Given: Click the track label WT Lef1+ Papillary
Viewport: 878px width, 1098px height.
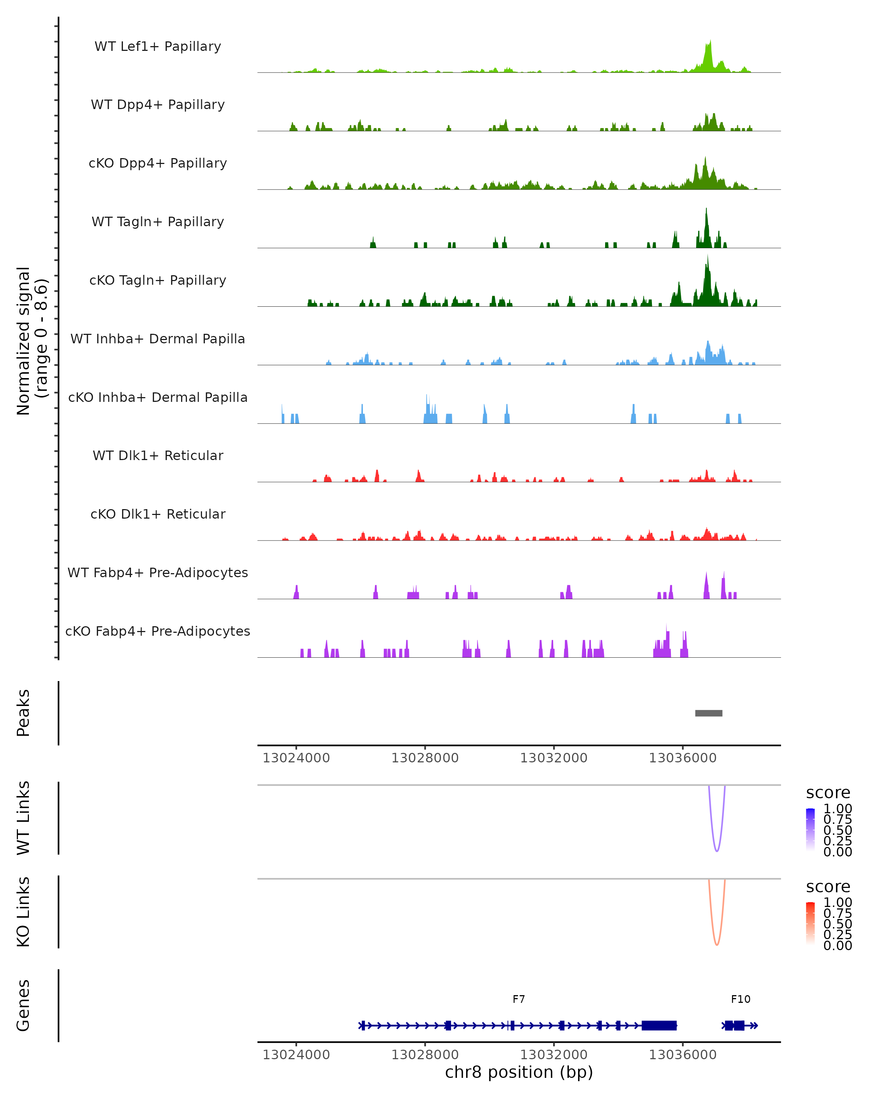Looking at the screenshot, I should click(158, 46).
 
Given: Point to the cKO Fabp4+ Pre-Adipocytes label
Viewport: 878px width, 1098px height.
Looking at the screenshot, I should click(158, 631).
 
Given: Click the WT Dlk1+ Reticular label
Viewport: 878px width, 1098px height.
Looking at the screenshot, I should click(158, 456).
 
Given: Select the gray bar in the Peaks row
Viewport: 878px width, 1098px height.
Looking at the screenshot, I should click(709, 713).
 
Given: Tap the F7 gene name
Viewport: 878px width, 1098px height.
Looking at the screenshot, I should click(519, 1000).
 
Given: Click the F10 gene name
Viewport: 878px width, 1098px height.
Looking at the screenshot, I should click(740, 1000).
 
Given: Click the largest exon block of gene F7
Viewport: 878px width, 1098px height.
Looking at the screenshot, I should click(659, 1026).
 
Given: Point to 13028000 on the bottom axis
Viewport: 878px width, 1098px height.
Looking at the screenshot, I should click(425, 1055).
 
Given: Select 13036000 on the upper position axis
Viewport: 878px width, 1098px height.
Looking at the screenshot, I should click(683, 758).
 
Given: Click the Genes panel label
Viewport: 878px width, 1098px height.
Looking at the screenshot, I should click(23, 1006).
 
